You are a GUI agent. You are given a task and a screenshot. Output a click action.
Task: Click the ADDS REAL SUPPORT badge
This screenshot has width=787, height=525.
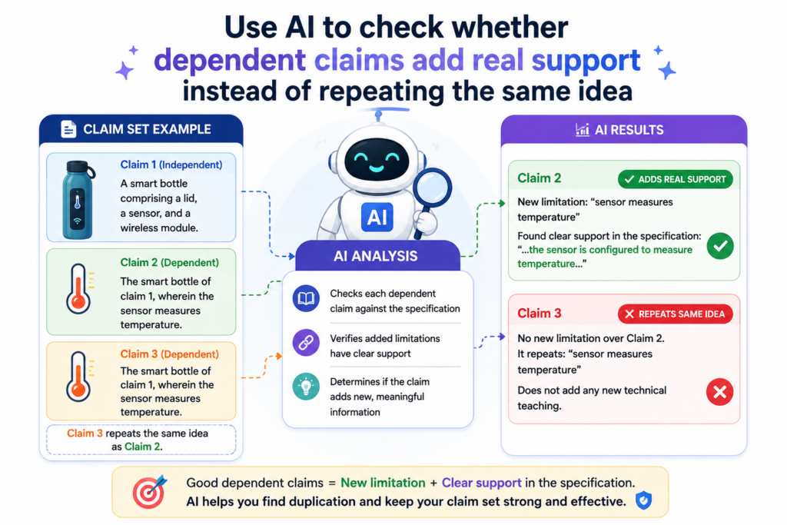pyautogui.click(x=675, y=179)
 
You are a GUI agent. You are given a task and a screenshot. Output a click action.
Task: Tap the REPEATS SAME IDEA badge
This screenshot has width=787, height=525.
pyautogui.click(x=675, y=314)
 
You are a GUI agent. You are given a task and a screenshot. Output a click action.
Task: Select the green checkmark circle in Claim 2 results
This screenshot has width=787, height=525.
pyautogui.click(x=720, y=246)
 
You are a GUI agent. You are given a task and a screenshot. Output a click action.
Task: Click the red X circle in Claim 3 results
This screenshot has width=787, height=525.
pyautogui.click(x=719, y=392)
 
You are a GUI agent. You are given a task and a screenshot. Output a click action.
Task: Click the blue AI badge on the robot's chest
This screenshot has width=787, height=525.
pyautogui.click(x=377, y=218)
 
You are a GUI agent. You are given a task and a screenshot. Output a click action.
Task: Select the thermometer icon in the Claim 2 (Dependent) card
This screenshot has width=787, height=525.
pyautogui.click(x=79, y=289)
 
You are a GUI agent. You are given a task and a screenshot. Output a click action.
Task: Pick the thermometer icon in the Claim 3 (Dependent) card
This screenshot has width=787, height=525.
pyautogui.click(x=79, y=377)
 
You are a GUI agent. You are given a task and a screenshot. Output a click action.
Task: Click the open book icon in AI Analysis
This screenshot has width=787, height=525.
pyautogui.click(x=306, y=299)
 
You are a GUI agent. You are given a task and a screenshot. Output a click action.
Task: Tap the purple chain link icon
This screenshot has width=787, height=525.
pyautogui.click(x=306, y=343)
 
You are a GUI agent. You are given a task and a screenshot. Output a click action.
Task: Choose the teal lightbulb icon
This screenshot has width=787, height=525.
pyautogui.click(x=306, y=387)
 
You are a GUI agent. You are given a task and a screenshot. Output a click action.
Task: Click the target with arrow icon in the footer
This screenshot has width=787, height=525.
pyautogui.click(x=149, y=491)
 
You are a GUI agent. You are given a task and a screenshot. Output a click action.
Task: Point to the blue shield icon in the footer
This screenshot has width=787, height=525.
pyautogui.click(x=643, y=500)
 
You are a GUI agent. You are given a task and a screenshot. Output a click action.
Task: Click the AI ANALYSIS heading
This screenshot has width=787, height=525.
pyautogui.click(x=375, y=256)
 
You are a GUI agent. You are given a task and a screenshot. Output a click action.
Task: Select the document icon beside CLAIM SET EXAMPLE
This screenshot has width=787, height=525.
pyautogui.click(x=68, y=129)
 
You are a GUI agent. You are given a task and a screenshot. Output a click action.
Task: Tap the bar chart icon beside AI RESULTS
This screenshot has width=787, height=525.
pyautogui.click(x=583, y=129)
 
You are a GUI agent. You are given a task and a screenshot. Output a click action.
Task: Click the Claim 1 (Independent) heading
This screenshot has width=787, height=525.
pyautogui.click(x=171, y=164)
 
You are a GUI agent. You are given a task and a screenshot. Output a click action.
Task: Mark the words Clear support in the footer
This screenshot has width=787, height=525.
pyautogui.click(x=481, y=483)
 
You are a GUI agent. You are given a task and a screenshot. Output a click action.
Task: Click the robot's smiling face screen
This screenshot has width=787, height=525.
pyautogui.click(x=377, y=160)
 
